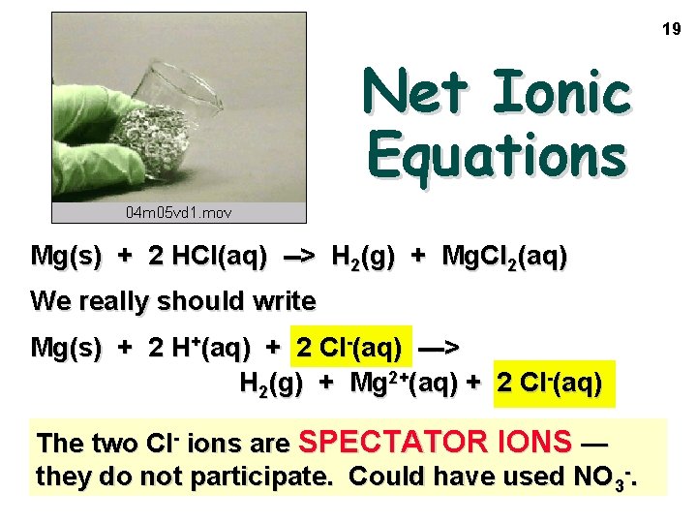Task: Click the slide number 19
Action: [672, 30]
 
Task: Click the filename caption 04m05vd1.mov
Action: [179, 211]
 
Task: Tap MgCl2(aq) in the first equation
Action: [504, 257]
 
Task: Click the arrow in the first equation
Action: [298, 257]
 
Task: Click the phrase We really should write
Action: [173, 301]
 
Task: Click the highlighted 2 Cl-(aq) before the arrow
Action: [349, 347]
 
